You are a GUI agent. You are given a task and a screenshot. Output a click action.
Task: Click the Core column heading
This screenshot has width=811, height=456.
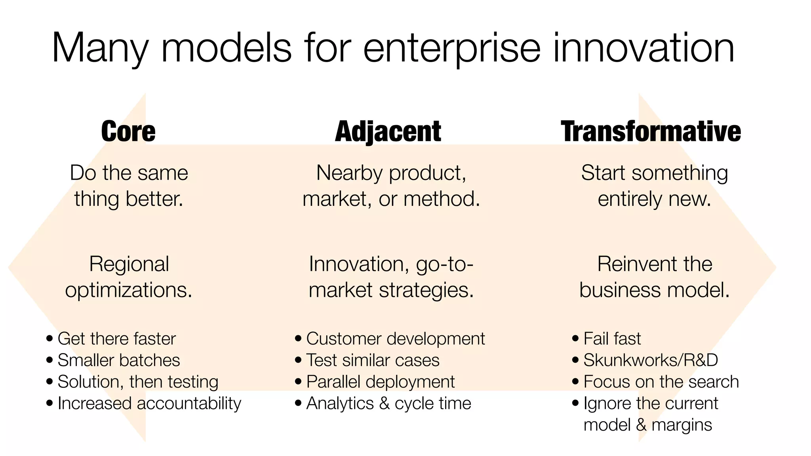[x=128, y=131]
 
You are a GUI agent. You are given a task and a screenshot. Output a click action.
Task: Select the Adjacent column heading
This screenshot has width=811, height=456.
[x=388, y=131]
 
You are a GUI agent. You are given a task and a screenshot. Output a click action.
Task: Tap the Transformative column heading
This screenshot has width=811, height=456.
[x=651, y=131]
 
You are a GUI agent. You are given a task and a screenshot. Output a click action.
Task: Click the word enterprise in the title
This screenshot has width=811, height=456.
[x=451, y=48]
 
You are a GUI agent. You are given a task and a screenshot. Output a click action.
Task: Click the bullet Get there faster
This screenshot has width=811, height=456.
[x=116, y=339]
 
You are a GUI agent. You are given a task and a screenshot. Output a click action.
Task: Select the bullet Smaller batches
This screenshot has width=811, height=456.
[x=118, y=360]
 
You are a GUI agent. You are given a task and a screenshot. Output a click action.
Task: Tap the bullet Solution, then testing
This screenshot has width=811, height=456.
[x=138, y=382]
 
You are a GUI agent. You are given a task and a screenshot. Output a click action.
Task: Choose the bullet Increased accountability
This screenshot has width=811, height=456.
[x=149, y=403]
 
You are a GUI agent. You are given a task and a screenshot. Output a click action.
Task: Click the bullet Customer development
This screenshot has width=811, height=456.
[x=395, y=339]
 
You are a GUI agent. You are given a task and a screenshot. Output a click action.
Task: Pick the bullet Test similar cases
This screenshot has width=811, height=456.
[x=373, y=360]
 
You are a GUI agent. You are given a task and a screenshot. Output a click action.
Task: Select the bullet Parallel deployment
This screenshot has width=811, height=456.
[x=380, y=382]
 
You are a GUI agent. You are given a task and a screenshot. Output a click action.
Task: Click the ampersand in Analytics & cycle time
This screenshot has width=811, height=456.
[x=384, y=404]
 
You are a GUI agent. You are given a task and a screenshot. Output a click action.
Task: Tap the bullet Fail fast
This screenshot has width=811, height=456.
[x=612, y=339]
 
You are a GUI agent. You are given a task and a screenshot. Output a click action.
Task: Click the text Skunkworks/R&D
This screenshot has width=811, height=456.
[x=651, y=360]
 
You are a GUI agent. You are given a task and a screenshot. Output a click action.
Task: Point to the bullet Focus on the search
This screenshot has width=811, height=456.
[x=661, y=382]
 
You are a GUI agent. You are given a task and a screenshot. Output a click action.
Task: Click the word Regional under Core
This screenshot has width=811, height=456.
[x=129, y=264]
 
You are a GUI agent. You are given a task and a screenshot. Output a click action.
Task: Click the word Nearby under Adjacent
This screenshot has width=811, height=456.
[x=350, y=173]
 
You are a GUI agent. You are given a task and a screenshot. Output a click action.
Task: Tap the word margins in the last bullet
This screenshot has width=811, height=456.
[x=682, y=425]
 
